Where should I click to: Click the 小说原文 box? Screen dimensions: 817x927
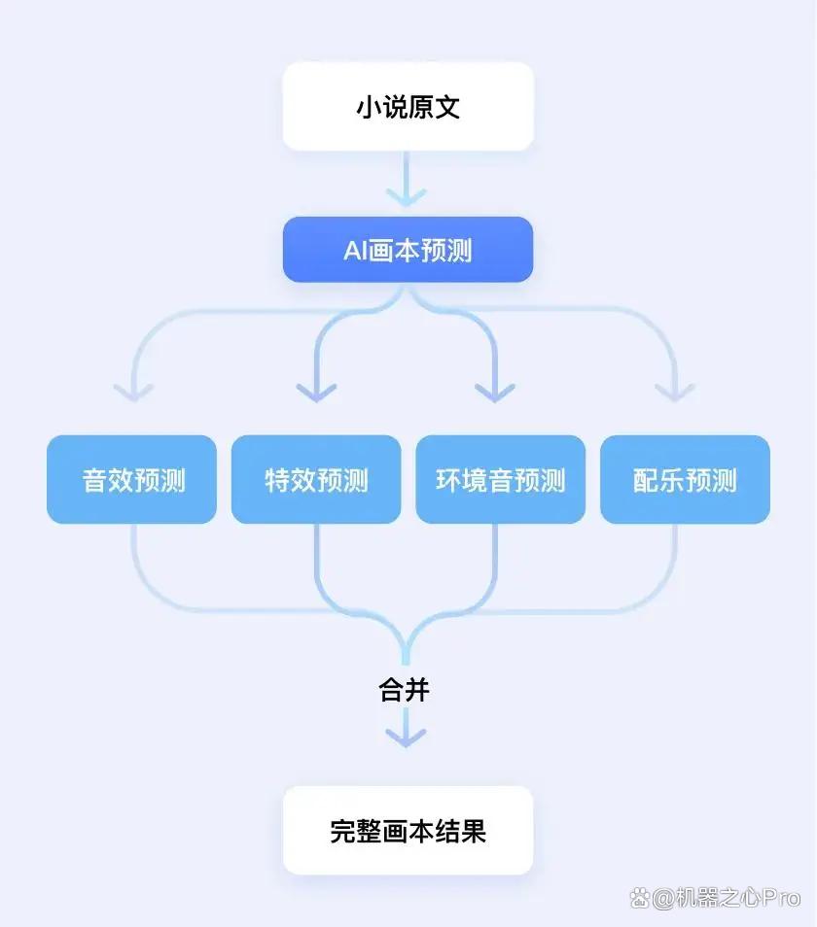pyautogui.click(x=408, y=107)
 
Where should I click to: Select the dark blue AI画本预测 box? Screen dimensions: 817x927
pyautogui.click(x=408, y=250)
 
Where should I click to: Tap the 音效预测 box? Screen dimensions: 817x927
pyautogui.click(x=132, y=479)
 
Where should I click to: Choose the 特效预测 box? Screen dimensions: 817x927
pyautogui.click(x=316, y=479)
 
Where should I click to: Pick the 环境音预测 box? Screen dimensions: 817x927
pyautogui.click(x=501, y=479)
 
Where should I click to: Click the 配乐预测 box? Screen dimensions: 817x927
pyautogui.click(x=685, y=479)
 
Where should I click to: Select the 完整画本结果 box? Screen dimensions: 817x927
pyautogui.click(x=408, y=830)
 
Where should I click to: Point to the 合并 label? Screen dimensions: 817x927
pyautogui.click(x=404, y=690)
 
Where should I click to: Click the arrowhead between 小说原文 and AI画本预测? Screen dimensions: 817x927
pyautogui.click(x=407, y=197)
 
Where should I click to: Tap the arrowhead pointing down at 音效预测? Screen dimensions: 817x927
pyautogui.click(x=133, y=393)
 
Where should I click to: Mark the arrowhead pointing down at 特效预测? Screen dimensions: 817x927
pyautogui.click(x=316, y=393)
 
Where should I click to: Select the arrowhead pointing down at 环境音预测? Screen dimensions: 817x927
pyautogui.click(x=495, y=393)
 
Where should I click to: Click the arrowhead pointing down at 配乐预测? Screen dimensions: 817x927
pyautogui.click(x=675, y=393)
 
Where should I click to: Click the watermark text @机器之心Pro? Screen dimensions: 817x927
pyautogui.click(x=727, y=899)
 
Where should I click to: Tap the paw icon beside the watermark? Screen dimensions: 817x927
pyautogui.click(x=640, y=899)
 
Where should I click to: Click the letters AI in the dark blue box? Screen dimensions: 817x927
pyautogui.click(x=356, y=251)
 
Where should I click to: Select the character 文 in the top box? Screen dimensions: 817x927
pyautogui.click(x=447, y=107)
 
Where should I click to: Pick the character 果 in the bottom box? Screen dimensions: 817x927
pyautogui.click(x=474, y=831)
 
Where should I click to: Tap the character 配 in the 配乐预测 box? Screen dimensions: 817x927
pyautogui.click(x=646, y=480)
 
